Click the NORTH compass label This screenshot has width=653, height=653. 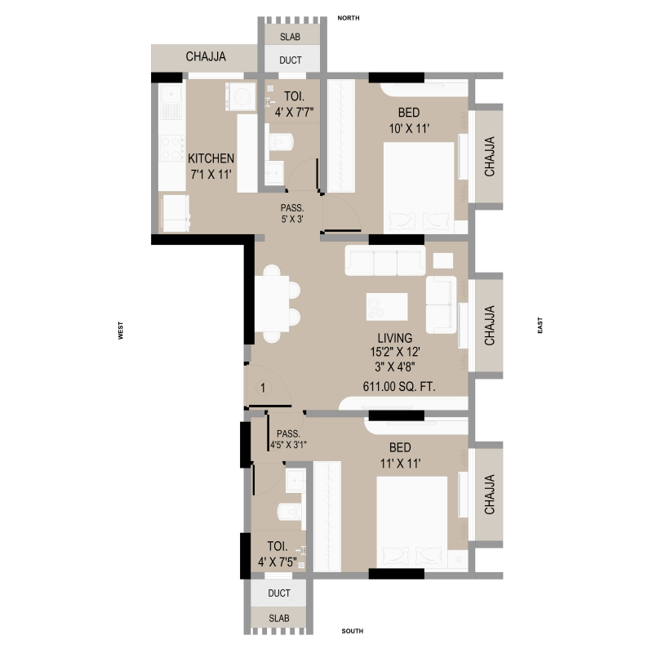[349, 18]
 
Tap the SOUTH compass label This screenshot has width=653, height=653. [353, 631]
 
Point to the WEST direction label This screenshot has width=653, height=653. [120, 331]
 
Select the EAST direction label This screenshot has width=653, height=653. [540, 325]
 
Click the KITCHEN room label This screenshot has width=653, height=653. [211, 158]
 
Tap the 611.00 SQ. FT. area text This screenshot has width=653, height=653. [399, 386]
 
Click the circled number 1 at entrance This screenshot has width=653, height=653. [263, 388]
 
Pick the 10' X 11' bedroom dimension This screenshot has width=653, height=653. [409, 129]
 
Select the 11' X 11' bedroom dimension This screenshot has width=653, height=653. [400, 463]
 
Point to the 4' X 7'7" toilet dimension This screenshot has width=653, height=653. [294, 112]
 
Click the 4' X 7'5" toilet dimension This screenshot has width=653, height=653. [278, 562]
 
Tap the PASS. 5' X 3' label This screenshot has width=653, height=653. [292, 213]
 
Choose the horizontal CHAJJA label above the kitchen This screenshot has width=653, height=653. [206, 56]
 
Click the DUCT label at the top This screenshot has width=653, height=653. [291, 60]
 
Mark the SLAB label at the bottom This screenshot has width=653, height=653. [279, 619]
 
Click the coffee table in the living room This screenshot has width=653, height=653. [387, 307]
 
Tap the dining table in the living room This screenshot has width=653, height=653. [272, 304]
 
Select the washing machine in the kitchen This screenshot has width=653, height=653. [241, 96]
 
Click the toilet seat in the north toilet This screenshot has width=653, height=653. [282, 141]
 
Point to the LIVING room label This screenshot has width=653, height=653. [395, 338]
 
